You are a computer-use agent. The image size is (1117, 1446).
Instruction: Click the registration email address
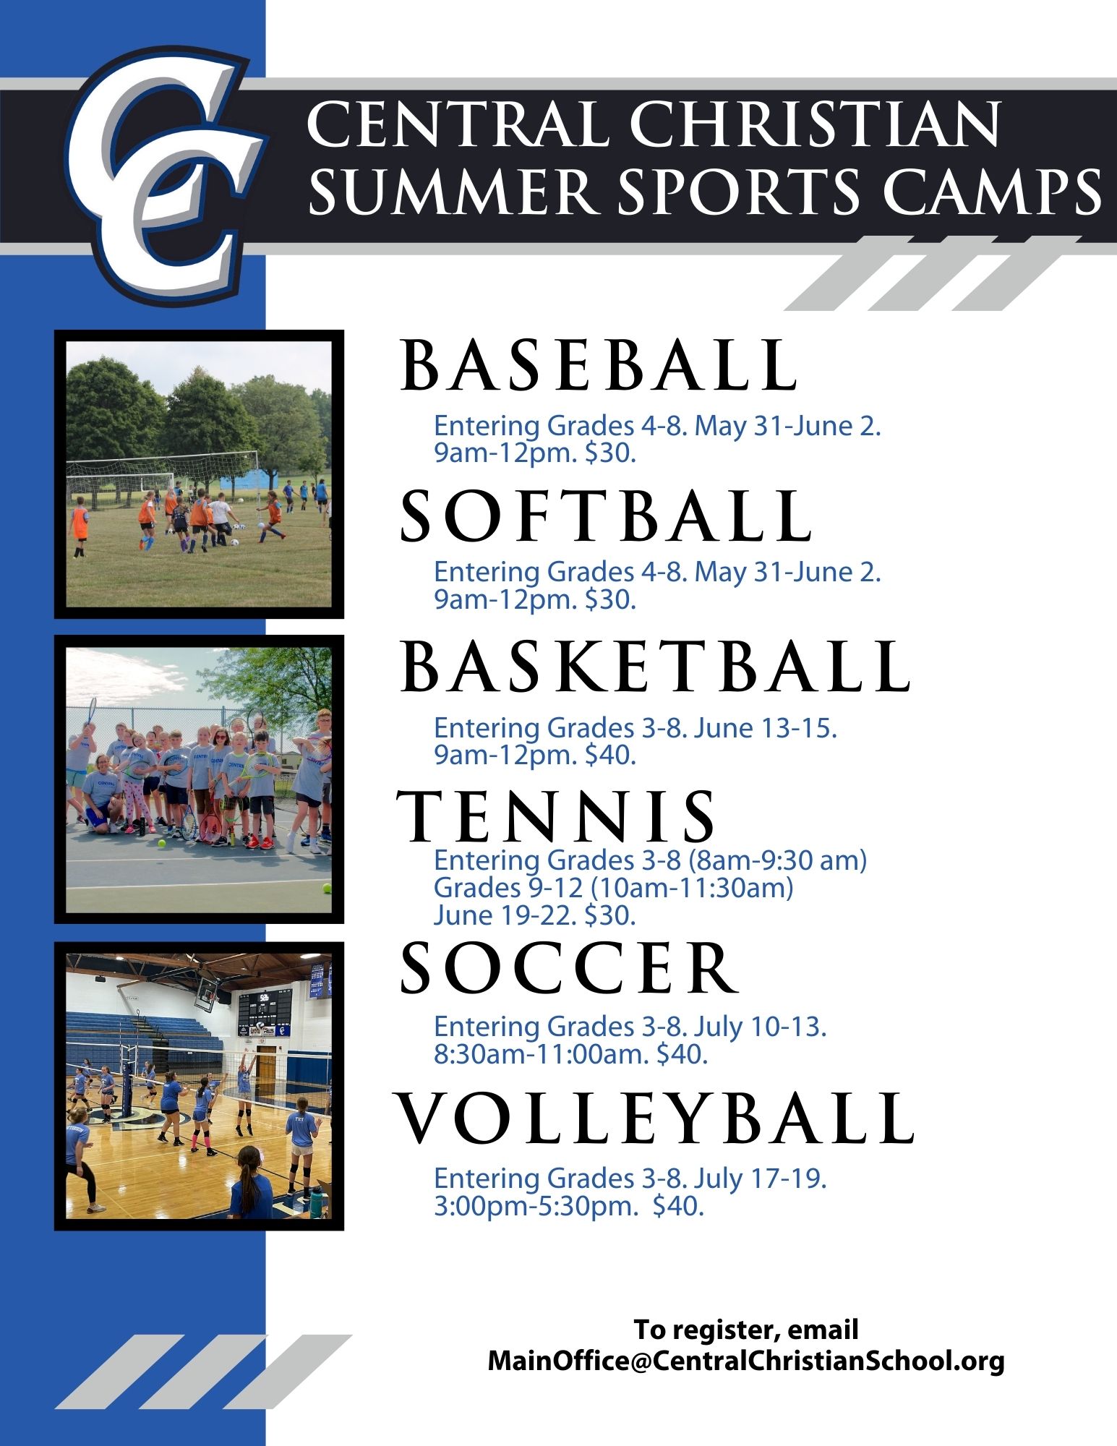pyautogui.click(x=746, y=1361)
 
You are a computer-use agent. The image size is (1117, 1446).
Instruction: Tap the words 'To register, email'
pyautogui.click(x=746, y=1329)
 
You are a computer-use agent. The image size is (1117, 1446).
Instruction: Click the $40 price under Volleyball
pyautogui.click(x=677, y=1206)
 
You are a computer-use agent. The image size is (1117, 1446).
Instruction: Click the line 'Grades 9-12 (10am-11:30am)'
pyautogui.click(x=613, y=887)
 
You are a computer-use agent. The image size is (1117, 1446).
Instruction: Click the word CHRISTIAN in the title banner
pyautogui.click(x=815, y=124)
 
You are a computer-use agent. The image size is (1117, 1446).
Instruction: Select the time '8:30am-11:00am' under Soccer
pyautogui.click(x=541, y=1054)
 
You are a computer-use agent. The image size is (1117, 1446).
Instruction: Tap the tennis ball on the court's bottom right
pyautogui.click(x=328, y=887)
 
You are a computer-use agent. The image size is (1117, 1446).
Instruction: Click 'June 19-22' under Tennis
pyautogui.click(x=505, y=915)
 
